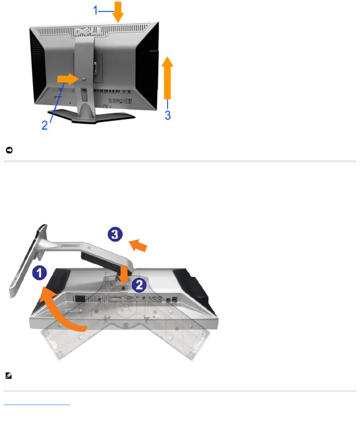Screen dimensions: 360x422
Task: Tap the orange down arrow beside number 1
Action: coord(118,12)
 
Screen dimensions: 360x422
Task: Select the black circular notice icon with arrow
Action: coord(8,151)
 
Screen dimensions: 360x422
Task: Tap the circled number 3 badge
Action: coord(115,234)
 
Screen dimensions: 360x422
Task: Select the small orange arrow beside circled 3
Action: coord(139,245)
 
